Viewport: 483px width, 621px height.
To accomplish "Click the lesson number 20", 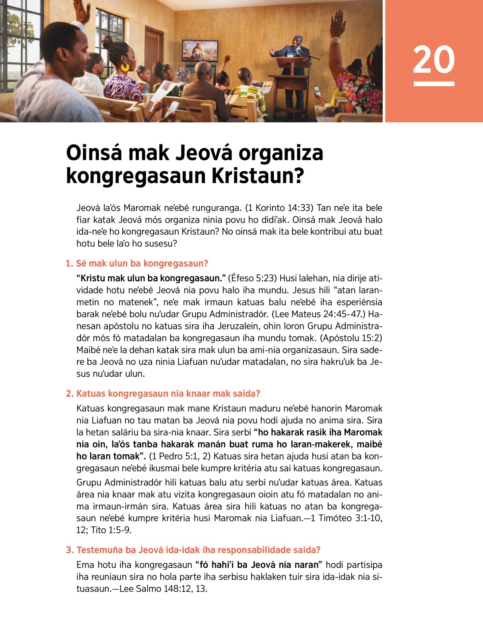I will [x=433, y=60].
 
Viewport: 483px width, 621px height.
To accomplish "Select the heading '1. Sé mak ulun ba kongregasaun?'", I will [x=137, y=264].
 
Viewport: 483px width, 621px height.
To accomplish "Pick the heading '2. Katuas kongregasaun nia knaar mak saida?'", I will [x=163, y=394].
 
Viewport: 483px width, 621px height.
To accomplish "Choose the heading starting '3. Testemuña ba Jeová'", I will [x=193, y=550].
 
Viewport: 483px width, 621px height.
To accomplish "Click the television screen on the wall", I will [x=200, y=51].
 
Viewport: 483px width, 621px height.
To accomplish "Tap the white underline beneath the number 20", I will [x=433, y=84].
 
